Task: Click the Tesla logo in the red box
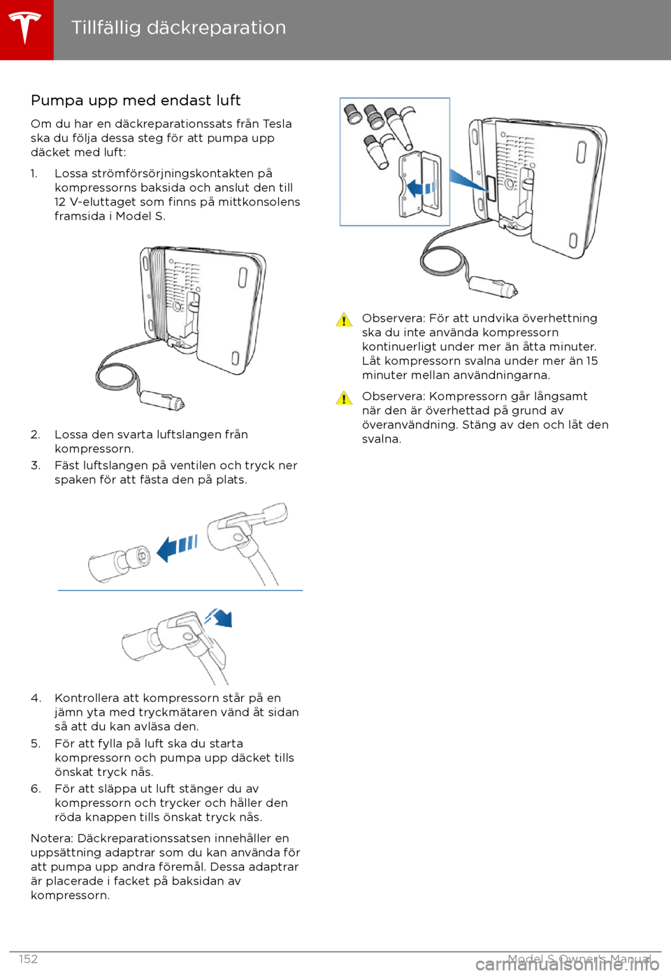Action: pyautogui.click(x=26, y=29)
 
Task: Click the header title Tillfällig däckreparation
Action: pyautogui.click(x=178, y=27)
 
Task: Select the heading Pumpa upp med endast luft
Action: pyautogui.click(x=136, y=100)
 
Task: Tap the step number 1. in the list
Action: pyautogui.click(x=34, y=173)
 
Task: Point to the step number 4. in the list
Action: pyautogui.click(x=36, y=698)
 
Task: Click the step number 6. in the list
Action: pyautogui.click(x=36, y=789)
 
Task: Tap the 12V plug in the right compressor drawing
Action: pyautogui.click(x=493, y=287)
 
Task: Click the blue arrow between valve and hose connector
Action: pyautogui.click(x=177, y=547)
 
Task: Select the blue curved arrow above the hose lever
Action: pyautogui.click(x=219, y=617)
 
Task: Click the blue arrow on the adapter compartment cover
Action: pyautogui.click(x=421, y=187)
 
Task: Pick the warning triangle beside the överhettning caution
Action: pyautogui.click(x=344, y=320)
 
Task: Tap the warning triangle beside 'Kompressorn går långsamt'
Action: pyautogui.click(x=344, y=398)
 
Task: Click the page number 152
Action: pyautogui.click(x=29, y=959)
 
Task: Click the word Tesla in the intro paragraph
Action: pyautogui.click(x=277, y=124)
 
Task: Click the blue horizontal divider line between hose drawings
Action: pyautogui.click(x=180, y=591)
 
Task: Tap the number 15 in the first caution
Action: pyautogui.click(x=592, y=361)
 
